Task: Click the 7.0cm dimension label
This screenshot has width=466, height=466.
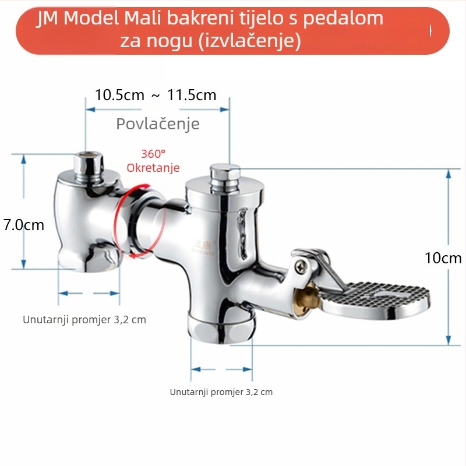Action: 24,225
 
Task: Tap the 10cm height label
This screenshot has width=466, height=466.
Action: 443,258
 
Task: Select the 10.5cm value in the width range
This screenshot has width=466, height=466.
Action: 119,95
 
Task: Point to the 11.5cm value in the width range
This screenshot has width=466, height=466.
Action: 192,95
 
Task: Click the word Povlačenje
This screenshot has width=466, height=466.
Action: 158,123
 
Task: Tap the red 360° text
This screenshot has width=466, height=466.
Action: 153,154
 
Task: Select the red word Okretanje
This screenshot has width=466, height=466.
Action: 153,168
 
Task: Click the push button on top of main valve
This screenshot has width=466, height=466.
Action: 225,178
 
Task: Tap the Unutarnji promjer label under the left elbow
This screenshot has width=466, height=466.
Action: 84,320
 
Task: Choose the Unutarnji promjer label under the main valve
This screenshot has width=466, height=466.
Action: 221,392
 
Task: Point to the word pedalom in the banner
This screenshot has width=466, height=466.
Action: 343,19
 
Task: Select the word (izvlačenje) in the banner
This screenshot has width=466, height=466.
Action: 250,41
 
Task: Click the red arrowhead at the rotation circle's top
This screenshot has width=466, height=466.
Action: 145,186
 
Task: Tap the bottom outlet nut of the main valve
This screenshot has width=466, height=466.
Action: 221,329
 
